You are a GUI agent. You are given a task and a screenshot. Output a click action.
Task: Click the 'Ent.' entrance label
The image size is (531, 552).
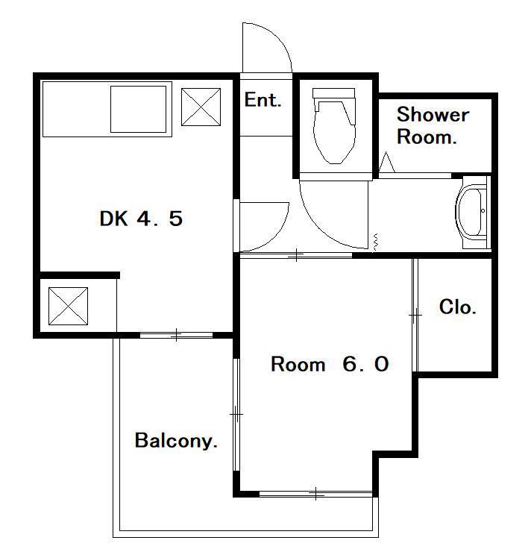(263, 100)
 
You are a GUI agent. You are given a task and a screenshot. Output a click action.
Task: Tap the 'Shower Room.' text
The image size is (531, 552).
(433, 125)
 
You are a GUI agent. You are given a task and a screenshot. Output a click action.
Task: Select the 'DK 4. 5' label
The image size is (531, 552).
(141, 219)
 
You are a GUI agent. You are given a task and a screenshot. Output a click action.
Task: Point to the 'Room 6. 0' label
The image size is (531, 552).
(330, 364)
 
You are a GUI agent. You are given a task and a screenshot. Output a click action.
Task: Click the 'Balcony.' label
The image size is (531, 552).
(175, 441)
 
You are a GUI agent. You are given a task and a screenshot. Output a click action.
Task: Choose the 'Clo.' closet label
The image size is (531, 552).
(457, 307)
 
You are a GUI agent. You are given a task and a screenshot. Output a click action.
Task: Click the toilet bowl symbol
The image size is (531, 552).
(334, 125)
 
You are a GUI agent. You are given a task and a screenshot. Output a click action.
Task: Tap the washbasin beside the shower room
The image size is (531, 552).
(471, 212)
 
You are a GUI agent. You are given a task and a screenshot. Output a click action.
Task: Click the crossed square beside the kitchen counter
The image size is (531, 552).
(201, 107)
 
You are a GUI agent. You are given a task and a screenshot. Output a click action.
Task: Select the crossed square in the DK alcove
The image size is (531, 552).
(69, 306)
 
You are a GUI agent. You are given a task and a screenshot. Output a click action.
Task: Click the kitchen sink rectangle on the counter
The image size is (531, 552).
(138, 109)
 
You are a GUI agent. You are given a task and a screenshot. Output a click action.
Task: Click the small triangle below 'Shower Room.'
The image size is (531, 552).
(386, 162)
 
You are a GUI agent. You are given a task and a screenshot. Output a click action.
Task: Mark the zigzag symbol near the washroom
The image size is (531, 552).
(375, 242)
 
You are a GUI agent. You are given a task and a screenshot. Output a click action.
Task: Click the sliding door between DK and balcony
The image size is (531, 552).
(176, 335)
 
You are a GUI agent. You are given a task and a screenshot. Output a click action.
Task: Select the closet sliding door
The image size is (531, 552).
(415, 315)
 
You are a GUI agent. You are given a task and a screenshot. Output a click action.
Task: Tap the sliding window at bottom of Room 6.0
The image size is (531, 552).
(315, 494)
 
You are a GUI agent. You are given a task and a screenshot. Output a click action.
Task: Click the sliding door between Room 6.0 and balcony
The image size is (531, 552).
(236, 414)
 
